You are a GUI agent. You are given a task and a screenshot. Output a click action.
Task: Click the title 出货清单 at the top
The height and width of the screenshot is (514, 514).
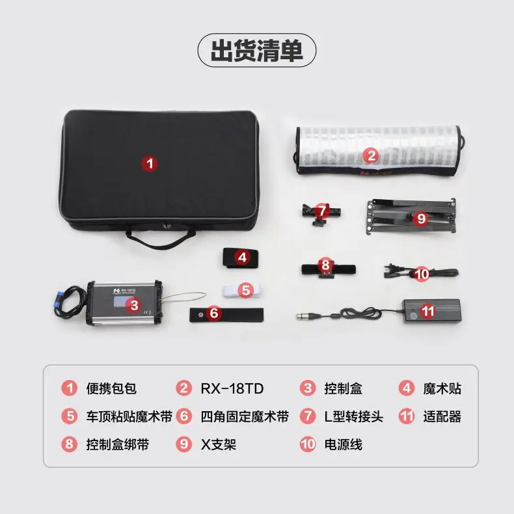(256, 50)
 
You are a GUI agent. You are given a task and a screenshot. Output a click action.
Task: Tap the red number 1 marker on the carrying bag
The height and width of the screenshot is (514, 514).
(150, 164)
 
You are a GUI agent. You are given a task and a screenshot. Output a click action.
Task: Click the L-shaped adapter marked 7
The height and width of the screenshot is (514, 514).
(321, 212)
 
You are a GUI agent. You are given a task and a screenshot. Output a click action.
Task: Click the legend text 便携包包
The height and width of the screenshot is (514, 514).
(111, 389)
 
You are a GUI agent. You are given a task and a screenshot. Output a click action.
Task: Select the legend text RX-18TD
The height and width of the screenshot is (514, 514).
(232, 389)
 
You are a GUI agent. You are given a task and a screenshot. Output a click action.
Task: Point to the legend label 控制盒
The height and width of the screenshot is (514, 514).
(344, 389)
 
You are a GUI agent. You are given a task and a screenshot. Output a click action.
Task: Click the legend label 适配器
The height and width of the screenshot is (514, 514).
(441, 416)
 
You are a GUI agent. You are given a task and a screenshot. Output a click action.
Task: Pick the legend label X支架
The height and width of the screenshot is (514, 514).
(219, 444)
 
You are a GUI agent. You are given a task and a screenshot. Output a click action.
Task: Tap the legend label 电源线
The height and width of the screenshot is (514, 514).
(344, 444)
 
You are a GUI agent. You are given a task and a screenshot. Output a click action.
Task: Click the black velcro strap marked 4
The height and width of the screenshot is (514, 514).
(241, 258)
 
